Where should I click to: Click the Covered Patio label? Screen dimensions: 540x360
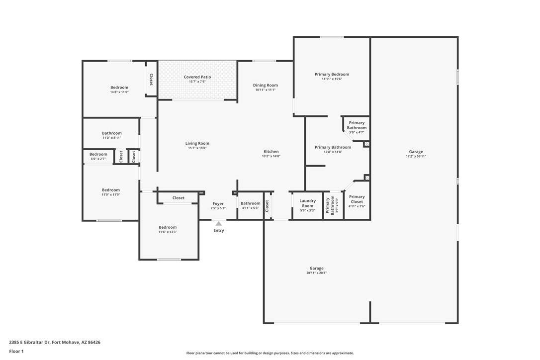tap(197, 77)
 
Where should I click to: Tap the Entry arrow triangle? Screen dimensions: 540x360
tap(219, 224)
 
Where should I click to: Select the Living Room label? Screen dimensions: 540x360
tap(197, 143)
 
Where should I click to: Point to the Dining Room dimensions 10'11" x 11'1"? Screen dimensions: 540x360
tap(265, 90)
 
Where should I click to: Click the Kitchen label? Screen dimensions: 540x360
tap(271, 152)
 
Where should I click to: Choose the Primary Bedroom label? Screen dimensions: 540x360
tap(332, 75)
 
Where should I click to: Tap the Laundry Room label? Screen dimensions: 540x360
tap(307, 203)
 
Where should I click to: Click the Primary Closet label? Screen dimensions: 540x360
tap(357, 199)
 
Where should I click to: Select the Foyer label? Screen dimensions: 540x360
tap(218, 203)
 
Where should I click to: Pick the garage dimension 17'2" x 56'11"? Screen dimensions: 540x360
tap(416, 157)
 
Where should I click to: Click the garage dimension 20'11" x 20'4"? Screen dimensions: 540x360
tap(317, 273)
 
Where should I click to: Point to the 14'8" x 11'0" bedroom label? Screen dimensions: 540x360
tap(119, 88)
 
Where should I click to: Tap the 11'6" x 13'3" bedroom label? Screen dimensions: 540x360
tap(168, 227)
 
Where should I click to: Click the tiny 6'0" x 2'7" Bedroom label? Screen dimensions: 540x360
tap(98, 154)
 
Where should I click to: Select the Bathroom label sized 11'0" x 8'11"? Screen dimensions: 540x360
tap(111, 133)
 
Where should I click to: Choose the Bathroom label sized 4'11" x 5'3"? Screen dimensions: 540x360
tap(251, 203)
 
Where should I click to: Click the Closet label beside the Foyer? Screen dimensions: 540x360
tap(179, 198)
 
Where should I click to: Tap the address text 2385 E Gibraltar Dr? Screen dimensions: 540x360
tap(30, 343)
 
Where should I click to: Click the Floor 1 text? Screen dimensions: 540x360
tap(16, 352)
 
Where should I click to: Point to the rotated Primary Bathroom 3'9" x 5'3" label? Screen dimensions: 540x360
tap(330, 206)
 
